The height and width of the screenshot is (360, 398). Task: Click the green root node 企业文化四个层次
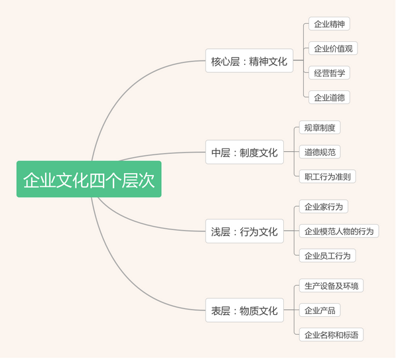click(89, 179)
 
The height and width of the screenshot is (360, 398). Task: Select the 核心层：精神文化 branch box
click(249, 60)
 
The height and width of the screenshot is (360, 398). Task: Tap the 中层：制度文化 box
click(244, 152)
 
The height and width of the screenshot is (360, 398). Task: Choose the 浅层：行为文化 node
click(244, 231)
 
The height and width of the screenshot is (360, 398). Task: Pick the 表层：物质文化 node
click(244, 310)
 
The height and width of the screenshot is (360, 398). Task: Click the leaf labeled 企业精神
click(329, 24)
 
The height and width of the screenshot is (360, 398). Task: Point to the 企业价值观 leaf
click(333, 48)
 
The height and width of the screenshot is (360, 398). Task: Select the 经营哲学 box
click(329, 73)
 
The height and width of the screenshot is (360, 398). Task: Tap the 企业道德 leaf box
click(329, 97)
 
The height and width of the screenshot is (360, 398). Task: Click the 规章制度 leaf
click(320, 127)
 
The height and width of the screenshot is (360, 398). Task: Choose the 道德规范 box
click(320, 152)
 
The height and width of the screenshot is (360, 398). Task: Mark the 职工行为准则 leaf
click(328, 176)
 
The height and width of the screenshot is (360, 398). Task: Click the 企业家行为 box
click(324, 206)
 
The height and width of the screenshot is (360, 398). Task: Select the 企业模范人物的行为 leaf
click(339, 231)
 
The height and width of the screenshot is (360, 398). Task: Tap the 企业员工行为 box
click(328, 255)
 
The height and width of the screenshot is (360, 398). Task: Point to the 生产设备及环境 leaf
click(331, 286)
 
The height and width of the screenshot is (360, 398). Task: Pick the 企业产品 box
click(320, 310)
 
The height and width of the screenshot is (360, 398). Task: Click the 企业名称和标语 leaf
click(331, 335)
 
